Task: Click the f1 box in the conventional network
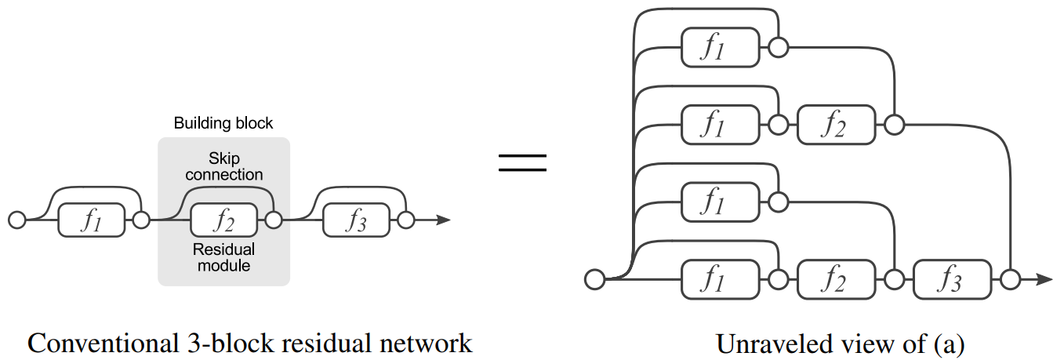(92, 220)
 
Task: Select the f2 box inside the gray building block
(223, 220)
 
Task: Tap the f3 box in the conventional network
(356, 220)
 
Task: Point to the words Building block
(223, 123)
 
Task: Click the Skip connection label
(224, 165)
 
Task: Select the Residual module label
(224, 257)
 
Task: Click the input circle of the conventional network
(16, 220)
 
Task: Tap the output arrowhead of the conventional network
(443, 220)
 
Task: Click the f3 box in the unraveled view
(952, 278)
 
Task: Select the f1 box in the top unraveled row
(721, 47)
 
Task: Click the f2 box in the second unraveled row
(836, 124)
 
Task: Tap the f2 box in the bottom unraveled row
(836, 278)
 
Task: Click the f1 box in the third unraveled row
(721, 202)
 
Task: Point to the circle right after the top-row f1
(778, 47)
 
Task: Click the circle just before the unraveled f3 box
(894, 278)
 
